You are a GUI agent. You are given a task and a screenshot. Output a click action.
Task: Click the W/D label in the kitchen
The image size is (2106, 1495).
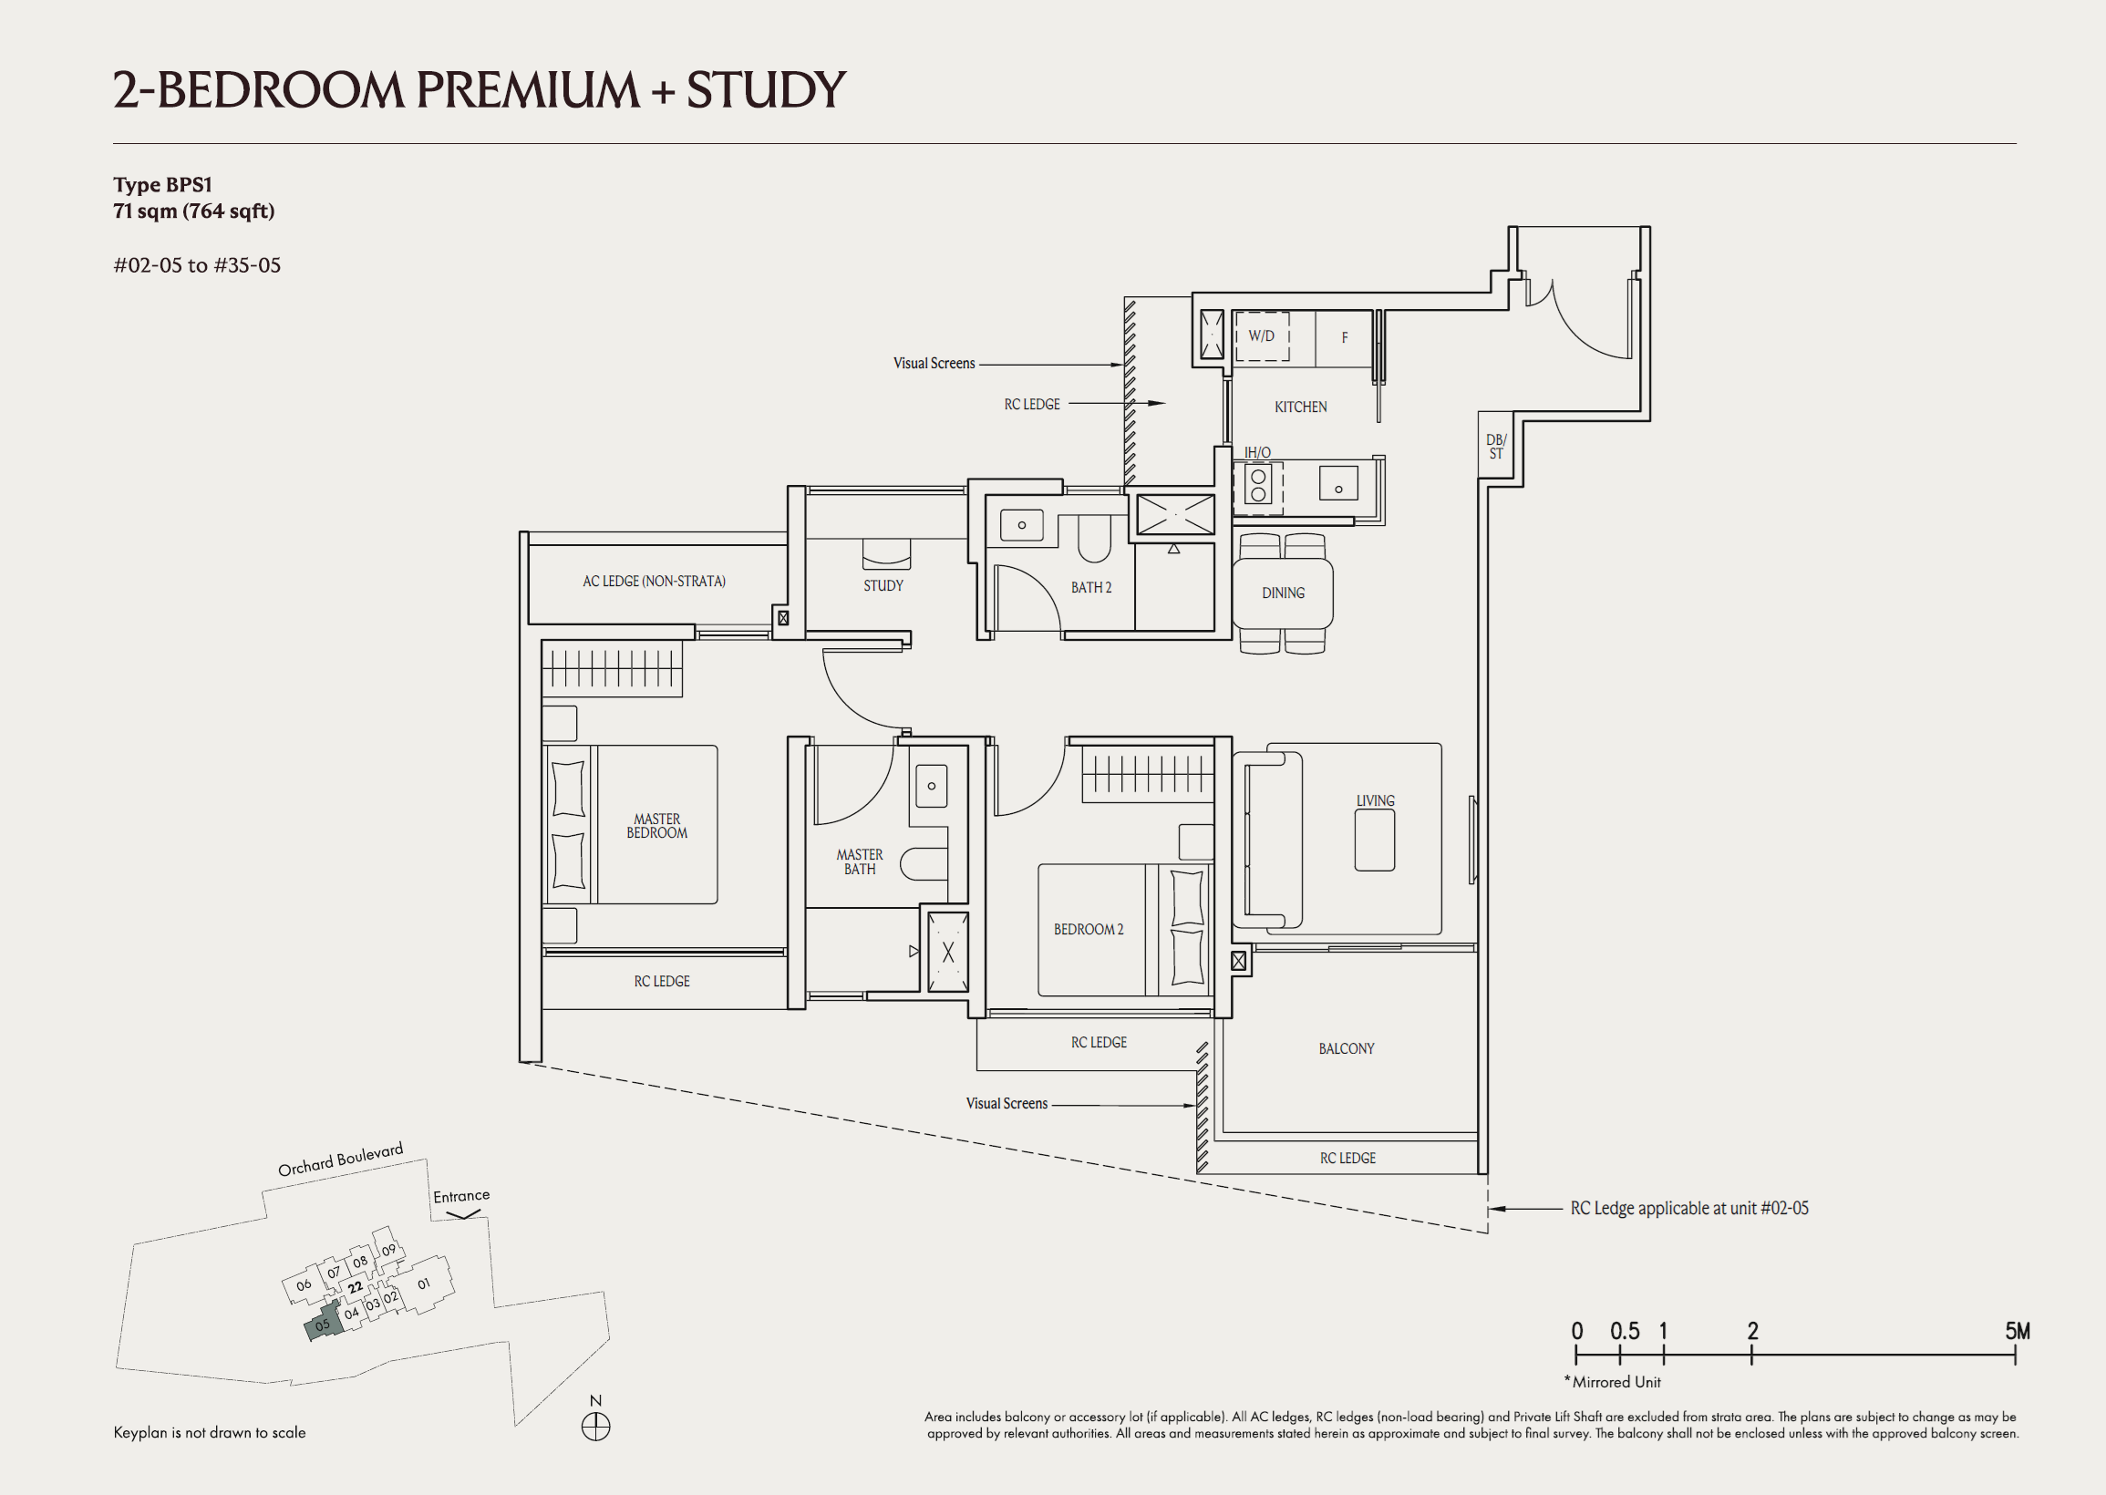tap(1261, 336)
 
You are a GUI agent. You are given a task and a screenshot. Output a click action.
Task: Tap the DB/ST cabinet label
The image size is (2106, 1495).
tap(1496, 447)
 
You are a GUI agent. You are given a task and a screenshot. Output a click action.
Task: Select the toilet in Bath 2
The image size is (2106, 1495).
tap(1094, 539)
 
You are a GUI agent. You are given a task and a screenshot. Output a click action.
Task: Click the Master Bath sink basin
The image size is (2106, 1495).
tap(932, 786)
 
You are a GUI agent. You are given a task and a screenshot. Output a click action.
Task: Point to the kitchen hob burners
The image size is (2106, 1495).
tap(1258, 486)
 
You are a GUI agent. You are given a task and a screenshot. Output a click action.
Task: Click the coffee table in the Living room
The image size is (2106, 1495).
tap(1374, 840)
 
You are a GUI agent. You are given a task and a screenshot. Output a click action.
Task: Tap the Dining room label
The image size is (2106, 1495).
tap(1283, 593)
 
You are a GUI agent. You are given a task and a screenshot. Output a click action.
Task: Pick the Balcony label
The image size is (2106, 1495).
tap(1346, 1048)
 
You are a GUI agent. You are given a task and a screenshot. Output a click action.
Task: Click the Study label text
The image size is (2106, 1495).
tap(883, 585)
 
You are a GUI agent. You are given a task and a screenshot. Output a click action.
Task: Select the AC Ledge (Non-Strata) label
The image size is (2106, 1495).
tap(654, 581)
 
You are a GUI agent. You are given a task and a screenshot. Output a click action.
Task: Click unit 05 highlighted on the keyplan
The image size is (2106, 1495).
tap(323, 1324)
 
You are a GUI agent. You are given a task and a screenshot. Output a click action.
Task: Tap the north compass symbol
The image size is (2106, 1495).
tap(595, 1427)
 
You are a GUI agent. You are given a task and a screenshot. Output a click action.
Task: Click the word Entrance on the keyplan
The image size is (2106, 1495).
tap(461, 1196)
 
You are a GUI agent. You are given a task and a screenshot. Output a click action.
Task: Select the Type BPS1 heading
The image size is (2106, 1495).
tap(163, 185)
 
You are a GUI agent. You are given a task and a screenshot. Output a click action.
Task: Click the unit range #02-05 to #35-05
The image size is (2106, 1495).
tap(197, 265)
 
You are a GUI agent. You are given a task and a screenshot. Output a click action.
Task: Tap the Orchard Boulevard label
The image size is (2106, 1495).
tap(341, 1159)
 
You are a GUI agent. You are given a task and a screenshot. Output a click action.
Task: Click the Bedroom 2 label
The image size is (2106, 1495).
tap(1088, 930)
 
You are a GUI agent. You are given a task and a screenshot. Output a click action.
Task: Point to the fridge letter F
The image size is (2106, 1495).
tap(1345, 338)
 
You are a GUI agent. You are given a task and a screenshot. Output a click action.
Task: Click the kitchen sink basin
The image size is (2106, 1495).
tap(1338, 484)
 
